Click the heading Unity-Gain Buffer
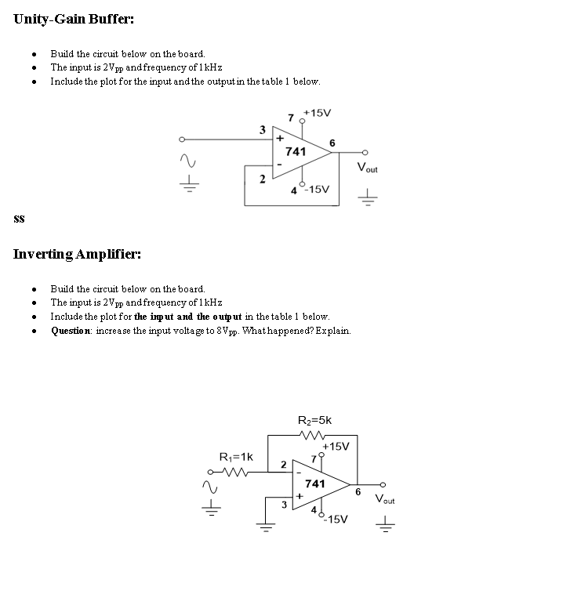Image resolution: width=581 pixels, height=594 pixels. coord(68,19)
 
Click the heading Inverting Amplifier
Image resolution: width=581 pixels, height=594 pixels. coord(77,254)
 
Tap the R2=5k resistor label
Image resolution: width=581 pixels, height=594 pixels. coord(315,421)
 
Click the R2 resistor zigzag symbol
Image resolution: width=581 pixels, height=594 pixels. coord(315,435)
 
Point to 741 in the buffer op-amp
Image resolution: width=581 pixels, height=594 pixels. coord(295,151)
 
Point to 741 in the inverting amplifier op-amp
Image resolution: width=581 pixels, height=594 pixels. coord(314,484)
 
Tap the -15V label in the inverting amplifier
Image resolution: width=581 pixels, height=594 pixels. coord(337,519)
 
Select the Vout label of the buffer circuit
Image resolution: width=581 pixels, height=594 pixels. coord(367,168)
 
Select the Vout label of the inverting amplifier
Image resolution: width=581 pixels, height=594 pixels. coord(385,499)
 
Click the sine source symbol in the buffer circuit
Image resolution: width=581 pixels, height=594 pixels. coord(187,161)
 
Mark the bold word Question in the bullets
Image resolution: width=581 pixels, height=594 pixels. coord(69,330)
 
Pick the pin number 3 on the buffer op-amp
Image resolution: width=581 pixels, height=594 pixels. coord(262,128)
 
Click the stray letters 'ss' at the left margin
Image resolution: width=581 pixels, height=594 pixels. coord(19,219)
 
